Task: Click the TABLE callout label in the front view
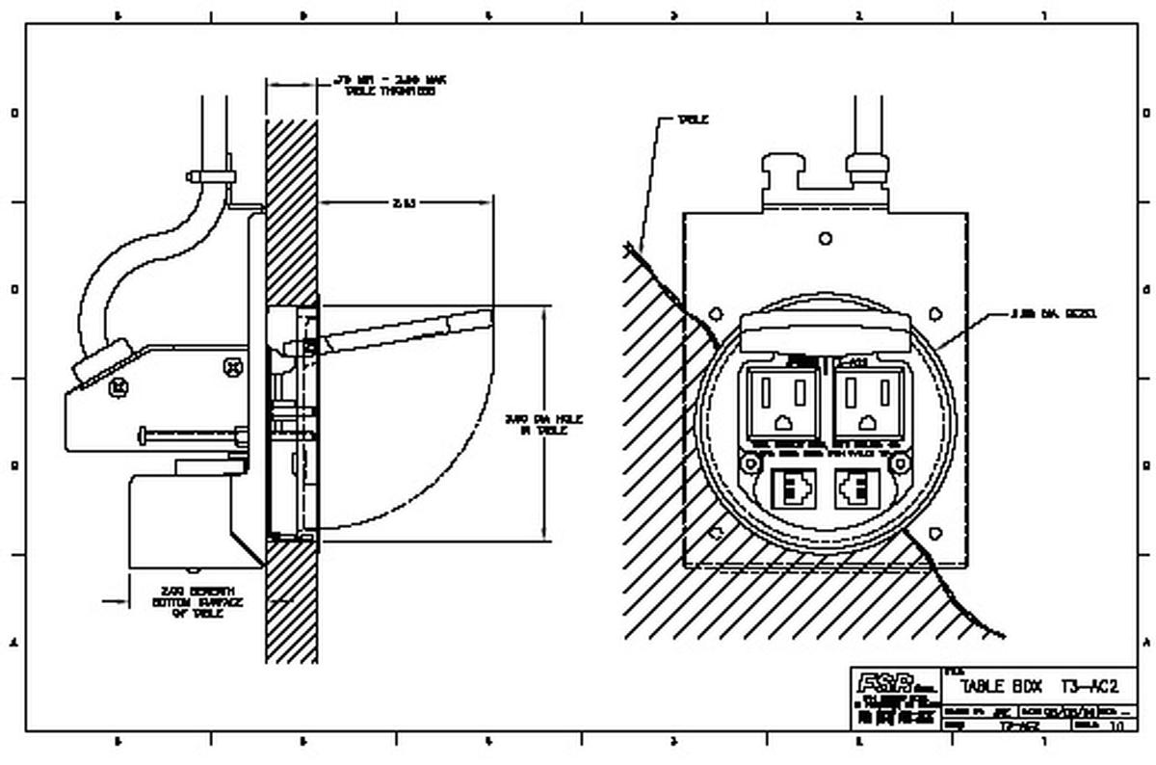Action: (x=693, y=120)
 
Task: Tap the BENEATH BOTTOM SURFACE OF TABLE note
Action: (x=197, y=602)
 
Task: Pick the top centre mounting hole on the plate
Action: (x=825, y=238)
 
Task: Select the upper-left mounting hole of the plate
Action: (x=716, y=313)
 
